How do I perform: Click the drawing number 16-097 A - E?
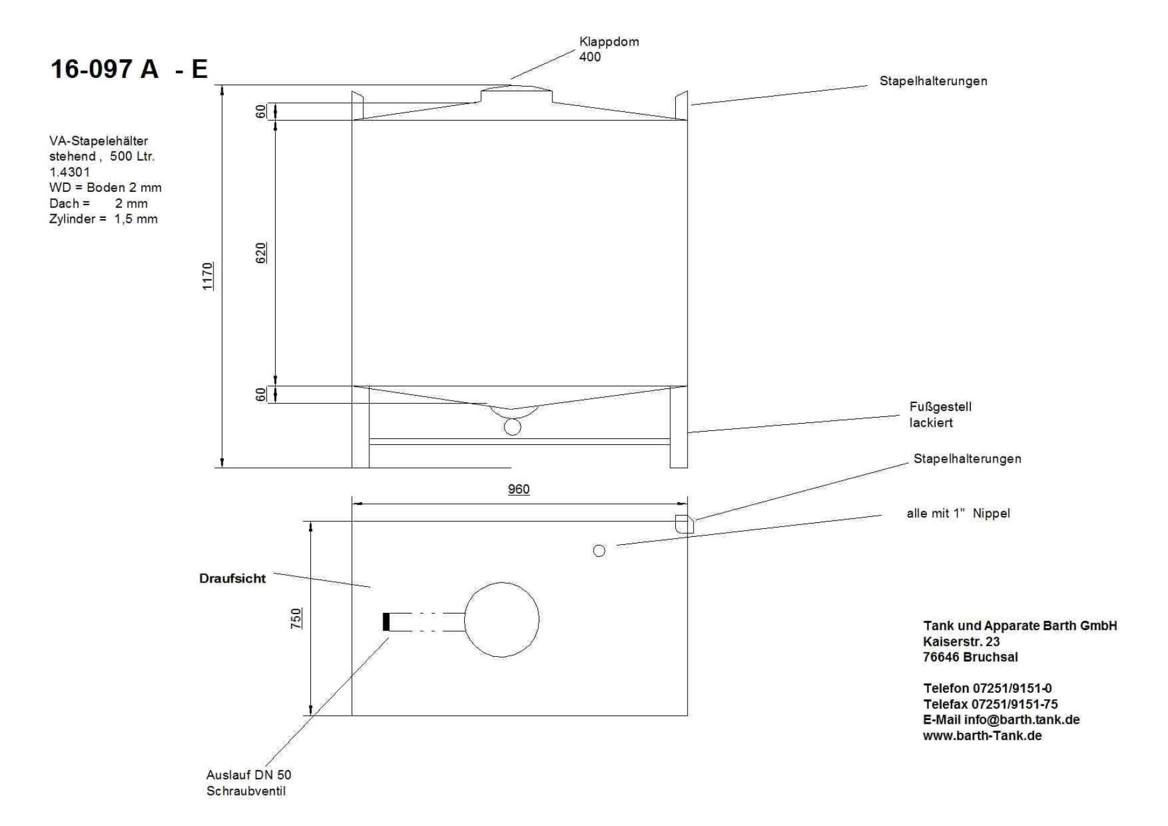point(129,69)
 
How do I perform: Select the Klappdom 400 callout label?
point(609,49)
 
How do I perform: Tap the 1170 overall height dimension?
point(208,276)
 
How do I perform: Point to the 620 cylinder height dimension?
point(261,253)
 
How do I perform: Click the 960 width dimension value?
point(519,489)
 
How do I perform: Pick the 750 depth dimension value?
point(296,618)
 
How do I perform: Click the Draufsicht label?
point(232,579)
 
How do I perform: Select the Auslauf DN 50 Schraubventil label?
point(248,783)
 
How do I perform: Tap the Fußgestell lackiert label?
point(940,415)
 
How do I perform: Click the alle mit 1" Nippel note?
point(958,513)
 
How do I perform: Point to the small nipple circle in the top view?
point(599,551)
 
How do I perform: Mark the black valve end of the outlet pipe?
point(386,622)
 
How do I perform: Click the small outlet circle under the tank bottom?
point(513,427)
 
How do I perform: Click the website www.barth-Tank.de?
point(982,735)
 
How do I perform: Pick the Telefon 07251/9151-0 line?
point(987,688)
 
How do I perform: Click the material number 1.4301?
point(69,172)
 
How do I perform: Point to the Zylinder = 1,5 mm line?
point(103,219)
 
